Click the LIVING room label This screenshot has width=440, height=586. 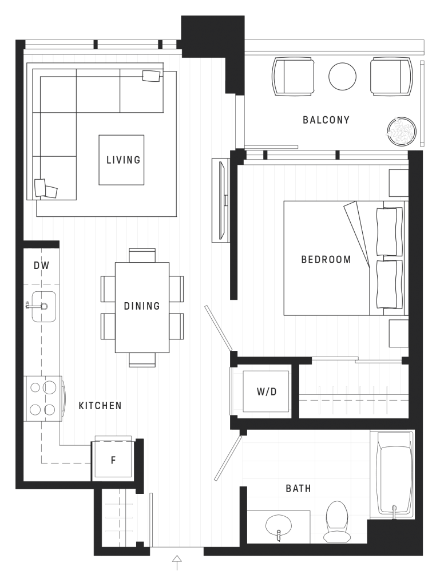(123, 160)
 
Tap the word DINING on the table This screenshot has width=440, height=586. (142, 306)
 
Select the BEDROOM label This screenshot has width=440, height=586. (326, 260)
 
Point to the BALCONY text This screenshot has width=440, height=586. (326, 120)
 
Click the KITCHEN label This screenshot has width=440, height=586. (100, 406)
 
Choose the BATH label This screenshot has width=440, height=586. (298, 489)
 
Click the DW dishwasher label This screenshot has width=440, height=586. (41, 266)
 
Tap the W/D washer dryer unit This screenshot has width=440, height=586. (266, 392)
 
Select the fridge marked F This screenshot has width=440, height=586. (113, 460)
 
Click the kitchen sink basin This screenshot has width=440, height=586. (43, 306)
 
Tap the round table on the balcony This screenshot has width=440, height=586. (342, 76)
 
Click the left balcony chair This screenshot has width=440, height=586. (294, 77)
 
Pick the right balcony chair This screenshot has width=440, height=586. (391, 77)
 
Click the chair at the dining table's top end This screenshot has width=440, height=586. (142, 255)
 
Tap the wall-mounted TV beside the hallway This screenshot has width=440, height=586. (220, 200)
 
